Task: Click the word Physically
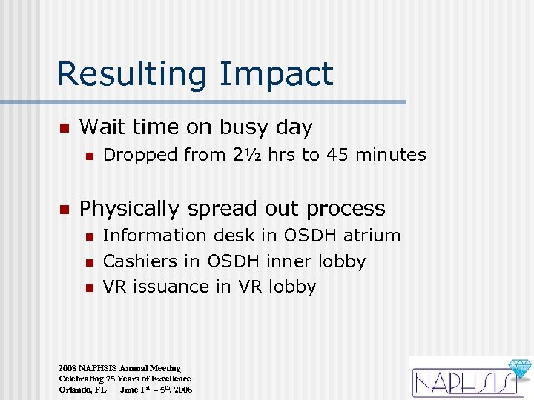click(x=129, y=209)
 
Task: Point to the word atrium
click(x=371, y=236)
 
